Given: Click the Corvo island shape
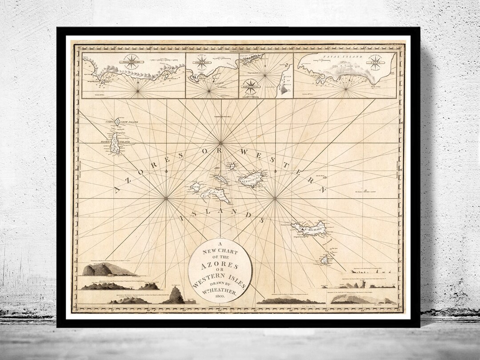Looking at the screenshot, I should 117,121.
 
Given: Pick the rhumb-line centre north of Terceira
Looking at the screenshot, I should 220,143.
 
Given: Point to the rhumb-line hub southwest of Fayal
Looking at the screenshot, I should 166,199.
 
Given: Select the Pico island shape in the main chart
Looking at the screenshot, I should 215,194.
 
